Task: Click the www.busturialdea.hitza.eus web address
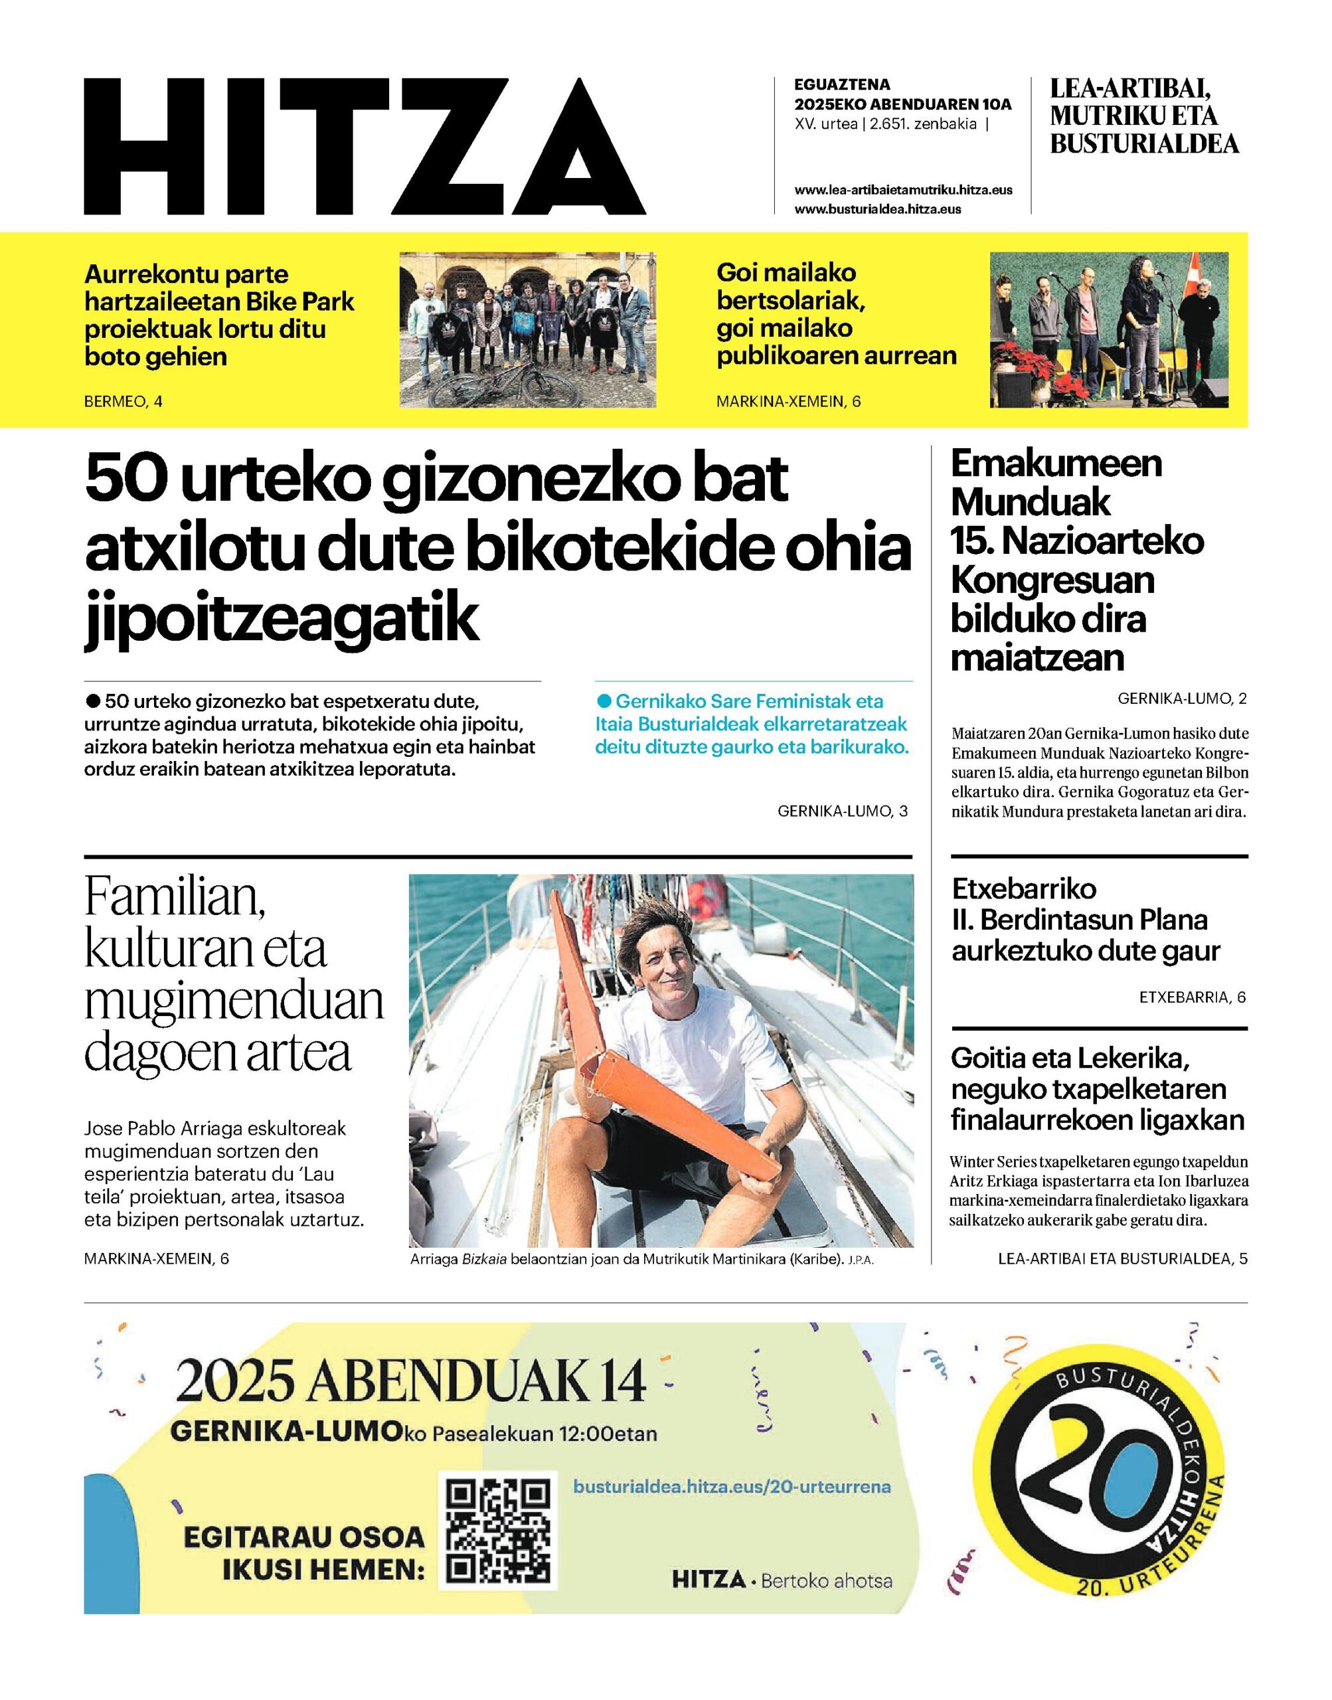coord(877,209)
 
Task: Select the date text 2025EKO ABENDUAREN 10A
coord(902,104)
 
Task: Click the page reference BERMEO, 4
coord(124,402)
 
